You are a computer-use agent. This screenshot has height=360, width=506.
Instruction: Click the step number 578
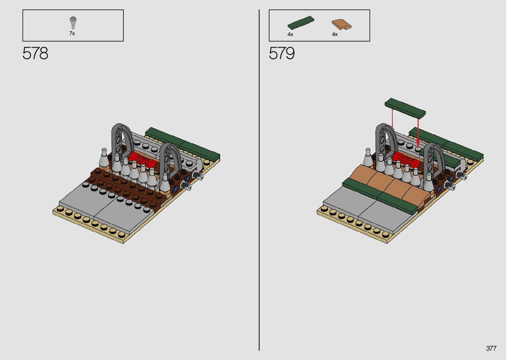coord(35,53)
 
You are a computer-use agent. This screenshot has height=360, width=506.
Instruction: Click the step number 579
coord(282,53)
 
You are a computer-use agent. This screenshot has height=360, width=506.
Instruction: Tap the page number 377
coord(491,348)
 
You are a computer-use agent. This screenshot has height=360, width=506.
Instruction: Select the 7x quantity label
coord(72,33)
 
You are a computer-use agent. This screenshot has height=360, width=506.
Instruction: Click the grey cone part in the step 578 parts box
coord(73,23)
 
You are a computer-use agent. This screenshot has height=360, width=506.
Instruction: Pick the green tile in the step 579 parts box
coord(301,22)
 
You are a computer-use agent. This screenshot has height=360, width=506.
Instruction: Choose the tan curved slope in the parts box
coord(341,24)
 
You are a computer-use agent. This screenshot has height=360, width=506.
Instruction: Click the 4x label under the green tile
coord(290,34)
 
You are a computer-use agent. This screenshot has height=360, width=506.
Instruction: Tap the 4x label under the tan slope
coord(335,34)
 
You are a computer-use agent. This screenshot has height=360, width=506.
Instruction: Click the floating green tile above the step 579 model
coord(405,108)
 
